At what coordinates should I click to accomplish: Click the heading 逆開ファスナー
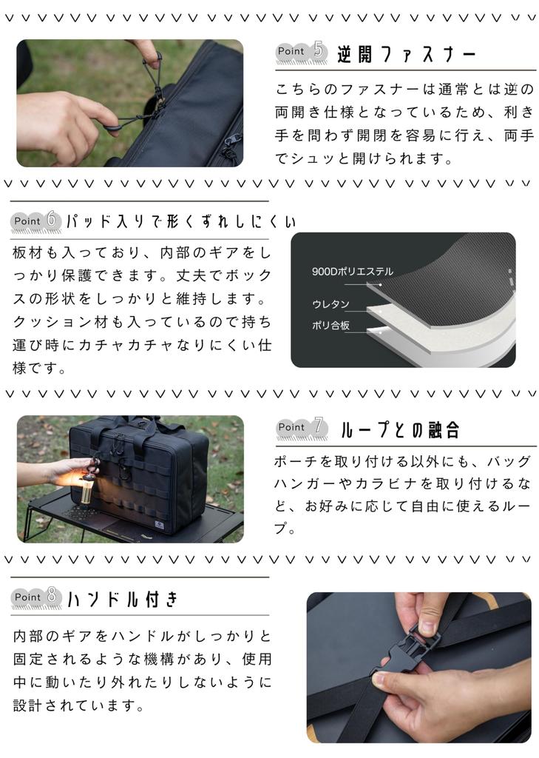(x=407, y=53)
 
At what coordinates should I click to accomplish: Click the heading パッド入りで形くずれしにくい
(x=180, y=221)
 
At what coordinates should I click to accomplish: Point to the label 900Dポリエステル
(x=353, y=272)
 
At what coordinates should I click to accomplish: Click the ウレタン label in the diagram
(x=330, y=304)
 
